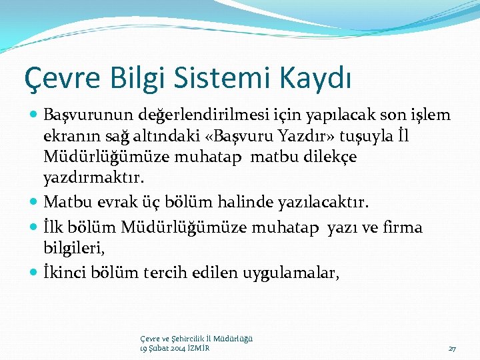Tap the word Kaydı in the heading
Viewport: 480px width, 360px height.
point(319,78)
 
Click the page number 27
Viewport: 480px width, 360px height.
point(452,349)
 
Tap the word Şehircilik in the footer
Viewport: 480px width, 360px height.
point(184,339)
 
